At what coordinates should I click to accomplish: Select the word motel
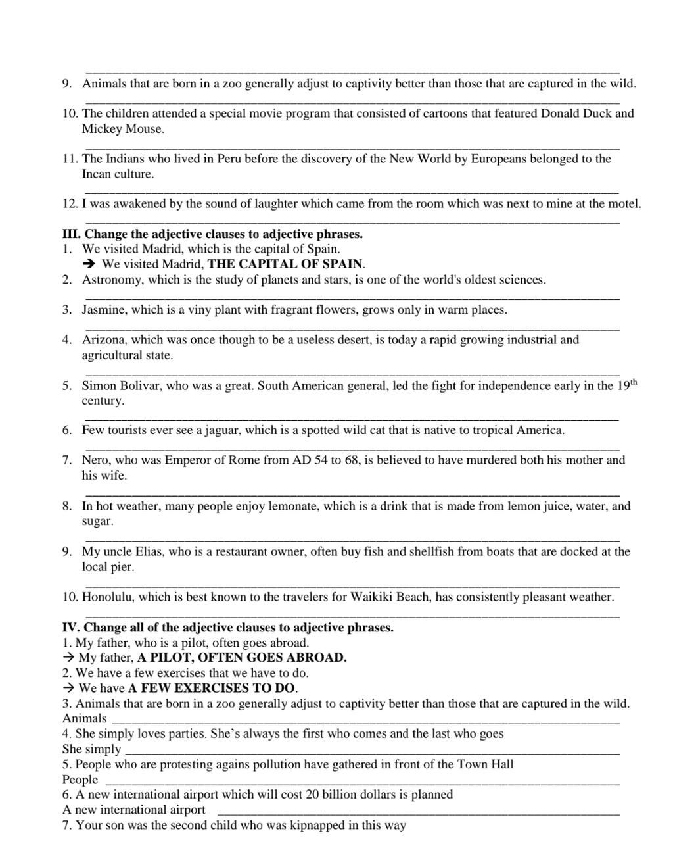(x=624, y=204)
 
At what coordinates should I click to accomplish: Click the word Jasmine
(x=103, y=310)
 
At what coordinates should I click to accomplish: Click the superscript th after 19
(x=634, y=382)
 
